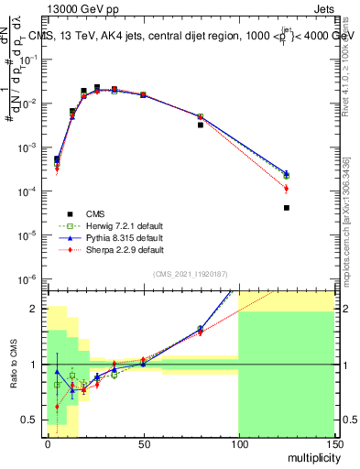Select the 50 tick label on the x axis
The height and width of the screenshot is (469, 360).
pyautogui.click(x=142, y=442)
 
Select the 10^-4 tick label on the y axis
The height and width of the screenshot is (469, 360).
pyautogui.click(x=29, y=191)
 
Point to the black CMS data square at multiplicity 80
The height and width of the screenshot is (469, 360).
pyautogui.click(x=200, y=125)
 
